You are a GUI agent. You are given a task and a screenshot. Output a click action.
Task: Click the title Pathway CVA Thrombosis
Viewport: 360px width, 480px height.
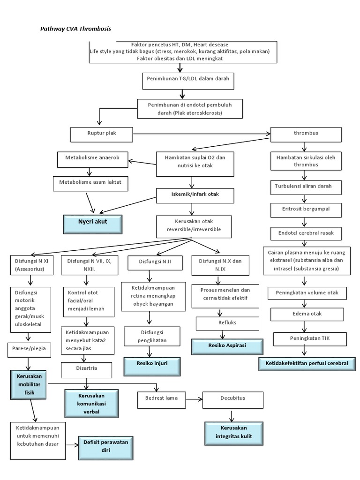pyautogui.click(x=75, y=29)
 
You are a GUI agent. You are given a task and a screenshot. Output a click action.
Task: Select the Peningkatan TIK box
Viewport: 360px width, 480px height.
pyautogui.click(x=309, y=338)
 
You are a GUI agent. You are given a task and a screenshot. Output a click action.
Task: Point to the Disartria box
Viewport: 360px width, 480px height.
pyautogui.click(x=86, y=370)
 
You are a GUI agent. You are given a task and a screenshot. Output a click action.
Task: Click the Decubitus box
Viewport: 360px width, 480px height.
pyautogui.click(x=232, y=399)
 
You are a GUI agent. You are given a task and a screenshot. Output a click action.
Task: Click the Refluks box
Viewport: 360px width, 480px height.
pyautogui.click(x=227, y=323)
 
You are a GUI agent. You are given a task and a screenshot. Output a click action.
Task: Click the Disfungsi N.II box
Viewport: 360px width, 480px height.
pyautogui.click(x=156, y=262)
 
